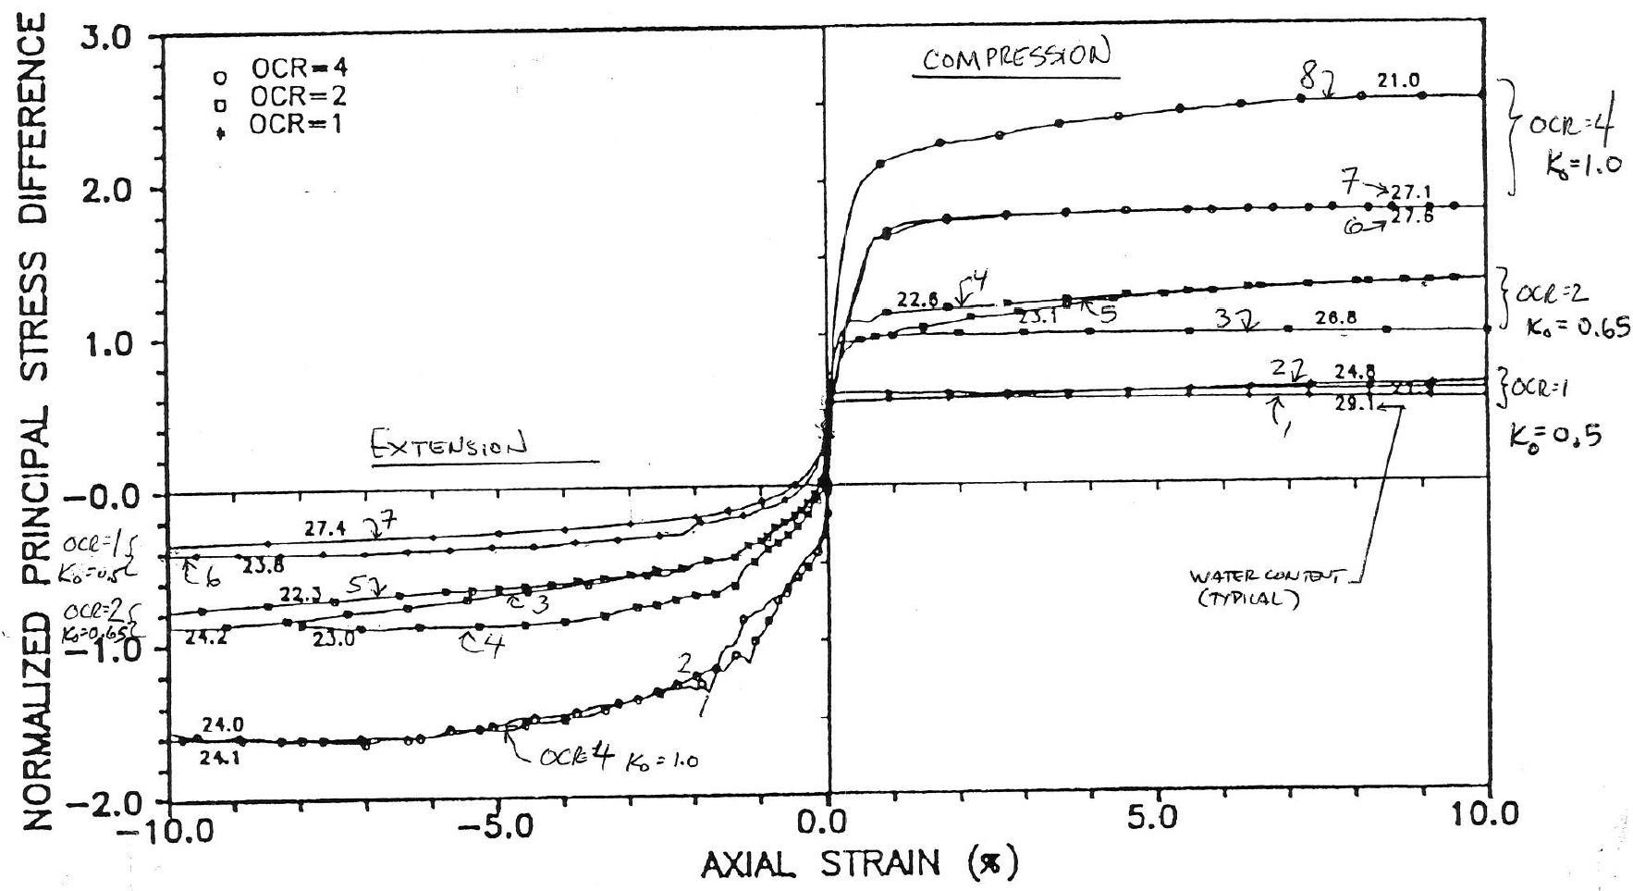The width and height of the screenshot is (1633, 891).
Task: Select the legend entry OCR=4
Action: click(x=298, y=68)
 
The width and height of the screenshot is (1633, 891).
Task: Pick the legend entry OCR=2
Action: click(x=298, y=95)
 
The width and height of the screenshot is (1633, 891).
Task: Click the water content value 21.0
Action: click(x=1398, y=81)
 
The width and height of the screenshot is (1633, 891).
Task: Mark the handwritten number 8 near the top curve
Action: click(x=1308, y=78)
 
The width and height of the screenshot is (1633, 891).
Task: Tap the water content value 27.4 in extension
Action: click(x=325, y=528)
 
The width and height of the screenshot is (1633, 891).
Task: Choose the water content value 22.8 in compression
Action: click(x=916, y=301)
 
